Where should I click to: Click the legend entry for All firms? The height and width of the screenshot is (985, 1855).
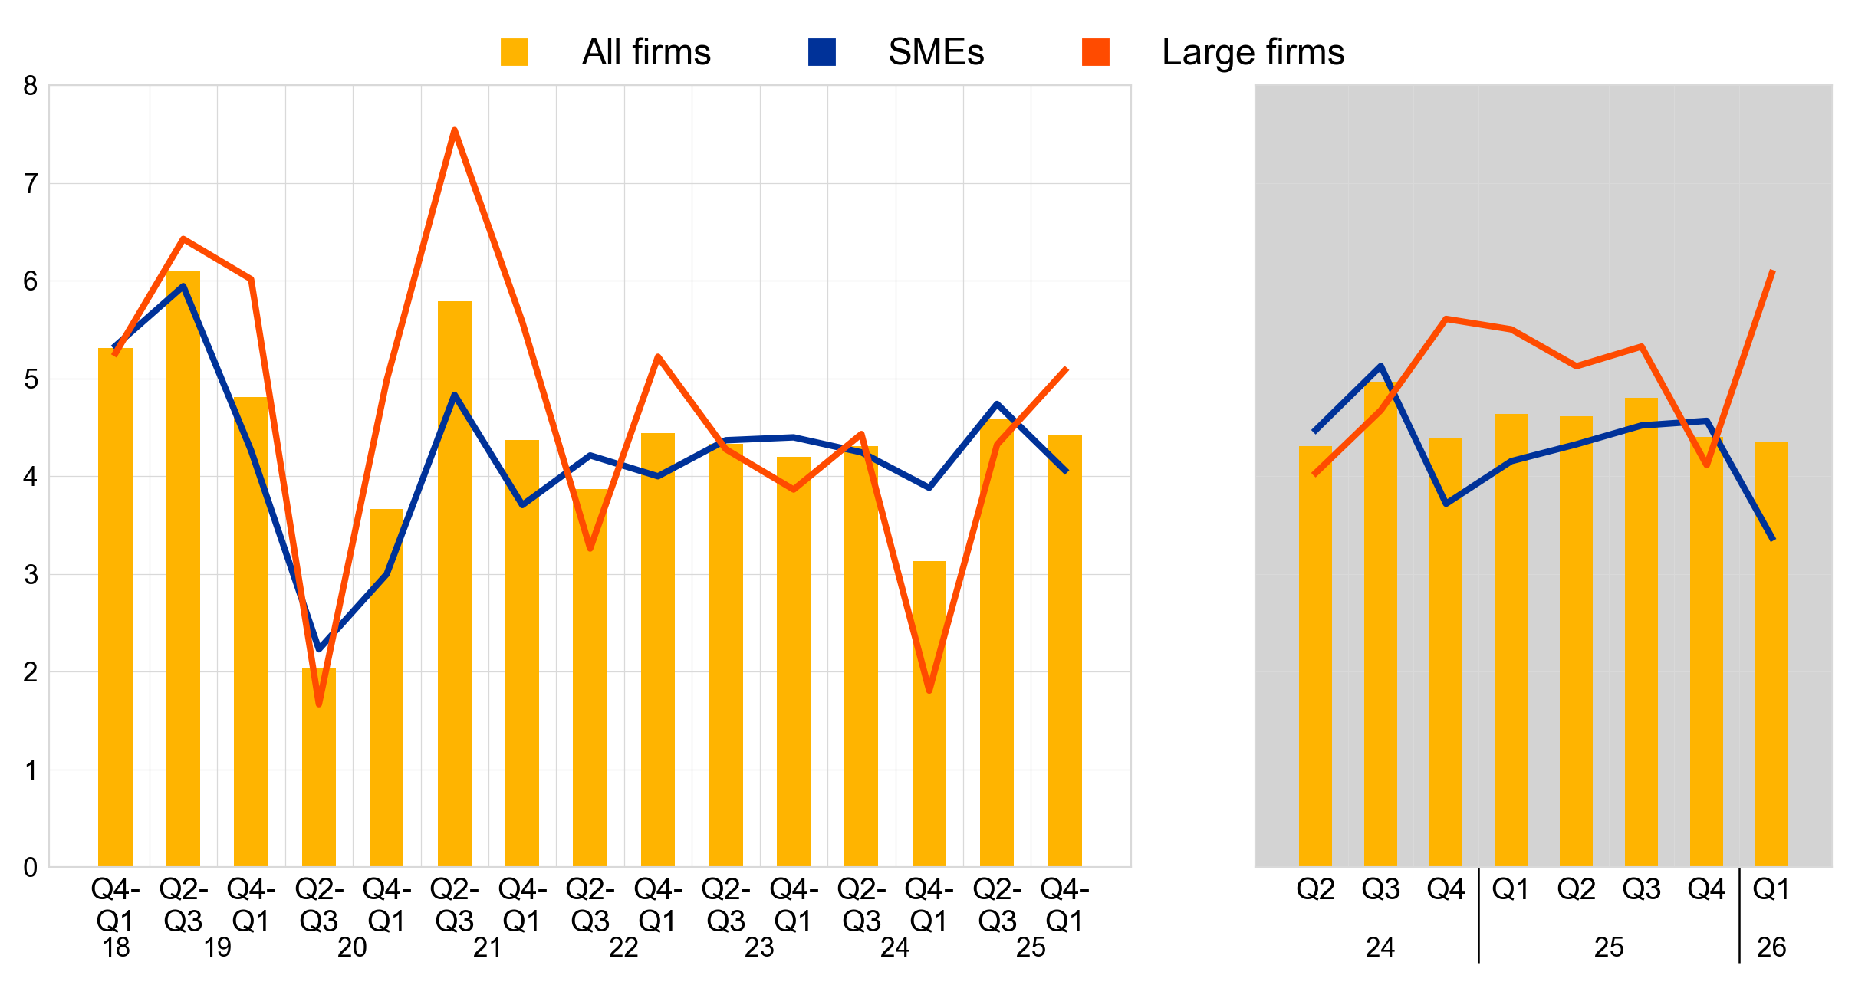tap(606, 53)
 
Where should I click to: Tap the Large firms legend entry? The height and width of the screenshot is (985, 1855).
tap(1212, 53)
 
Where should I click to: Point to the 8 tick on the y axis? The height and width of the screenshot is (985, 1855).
tap(31, 86)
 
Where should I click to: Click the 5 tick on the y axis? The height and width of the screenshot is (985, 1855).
tap(31, 379)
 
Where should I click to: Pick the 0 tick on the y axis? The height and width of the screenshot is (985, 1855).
tap(31, 868)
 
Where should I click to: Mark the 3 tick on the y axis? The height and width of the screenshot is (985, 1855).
tap(31, 575)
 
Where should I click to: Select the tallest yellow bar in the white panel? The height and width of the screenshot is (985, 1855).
tap(183, 567)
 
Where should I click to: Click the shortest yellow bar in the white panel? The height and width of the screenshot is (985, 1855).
tap(319, 767)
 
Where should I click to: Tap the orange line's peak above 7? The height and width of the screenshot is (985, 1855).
tap(455, 130)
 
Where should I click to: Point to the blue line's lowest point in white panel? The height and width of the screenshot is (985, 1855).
tap(319, 649)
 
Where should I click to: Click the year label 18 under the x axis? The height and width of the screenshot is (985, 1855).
tap(116, 948)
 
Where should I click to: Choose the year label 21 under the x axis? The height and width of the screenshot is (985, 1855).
tap(488, 948)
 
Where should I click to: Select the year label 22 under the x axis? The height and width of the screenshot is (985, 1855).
tap(623, 948)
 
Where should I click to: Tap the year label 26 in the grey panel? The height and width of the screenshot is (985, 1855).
tap(1771, 948)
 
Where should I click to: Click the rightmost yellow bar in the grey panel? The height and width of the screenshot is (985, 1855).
tap(1771, 652)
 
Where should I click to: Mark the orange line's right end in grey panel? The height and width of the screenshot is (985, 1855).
tap(1773, 271)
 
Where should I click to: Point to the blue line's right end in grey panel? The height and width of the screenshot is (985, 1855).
tap(1773, 540)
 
